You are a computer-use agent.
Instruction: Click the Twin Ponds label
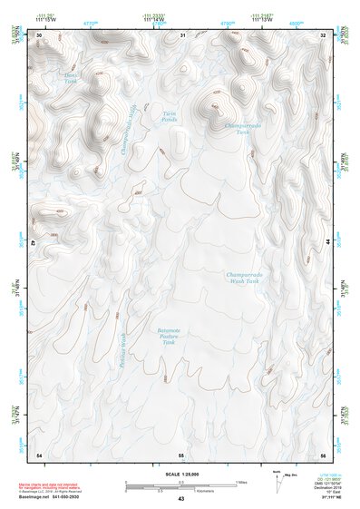[x=170, y=117]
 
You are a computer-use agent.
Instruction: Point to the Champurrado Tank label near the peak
[x=241, y=129]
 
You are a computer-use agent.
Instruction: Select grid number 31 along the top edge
[x=182, y=34]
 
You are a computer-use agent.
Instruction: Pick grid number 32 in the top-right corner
[x=323, y=34]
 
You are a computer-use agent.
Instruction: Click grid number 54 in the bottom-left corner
[x=39, y=454]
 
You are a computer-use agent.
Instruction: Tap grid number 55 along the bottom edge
[x=181, y=454]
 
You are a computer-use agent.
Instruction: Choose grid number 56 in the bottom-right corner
[x=323, y=454]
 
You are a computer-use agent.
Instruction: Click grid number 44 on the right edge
[x=327, y=243]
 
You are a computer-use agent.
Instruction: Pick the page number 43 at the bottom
[x=181, y=500]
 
